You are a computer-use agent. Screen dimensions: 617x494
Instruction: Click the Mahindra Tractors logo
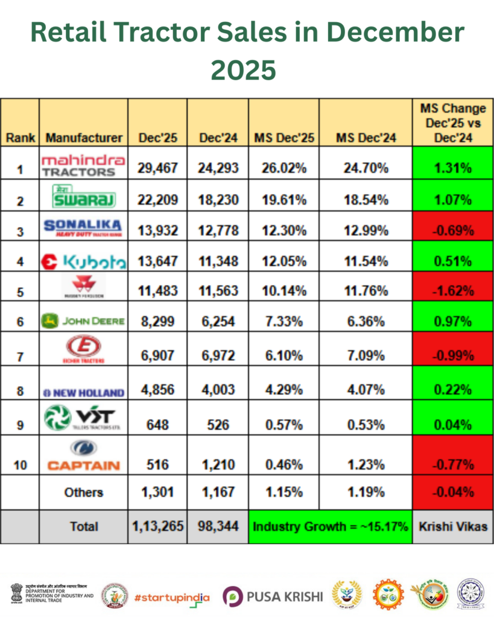click(x=83, y=164)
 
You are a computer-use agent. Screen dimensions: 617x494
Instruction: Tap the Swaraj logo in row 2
click(x=83, y=195)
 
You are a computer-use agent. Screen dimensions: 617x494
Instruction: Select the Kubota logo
click(x=83, y=262)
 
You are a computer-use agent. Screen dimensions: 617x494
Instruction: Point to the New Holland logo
click(x=83, y=392)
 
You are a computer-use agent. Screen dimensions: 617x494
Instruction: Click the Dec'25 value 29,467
click(x=157, y=168)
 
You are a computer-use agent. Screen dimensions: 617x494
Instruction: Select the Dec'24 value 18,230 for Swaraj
click(x=218, y=200)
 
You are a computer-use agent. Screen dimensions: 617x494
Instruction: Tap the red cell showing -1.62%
click(x=453, y=290)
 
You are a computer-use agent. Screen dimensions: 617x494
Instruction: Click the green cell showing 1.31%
click(x=453, y=168)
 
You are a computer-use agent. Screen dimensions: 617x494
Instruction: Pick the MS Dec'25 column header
click(x=283, y=137)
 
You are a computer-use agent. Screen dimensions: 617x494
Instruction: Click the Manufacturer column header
click(x=83, y=137)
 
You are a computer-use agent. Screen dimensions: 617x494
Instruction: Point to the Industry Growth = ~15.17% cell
click(x=330, y=526)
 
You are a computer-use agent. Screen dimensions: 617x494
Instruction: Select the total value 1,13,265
click(x=157, y=526)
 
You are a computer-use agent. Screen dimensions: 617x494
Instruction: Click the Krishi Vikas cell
click(x=453, y=526)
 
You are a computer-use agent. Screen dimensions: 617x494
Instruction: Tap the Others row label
click(x=83, y=492)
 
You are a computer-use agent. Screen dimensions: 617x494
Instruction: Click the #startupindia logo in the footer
click(x=173, y=597)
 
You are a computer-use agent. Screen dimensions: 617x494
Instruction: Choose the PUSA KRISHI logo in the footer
click(x=273, y=597)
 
